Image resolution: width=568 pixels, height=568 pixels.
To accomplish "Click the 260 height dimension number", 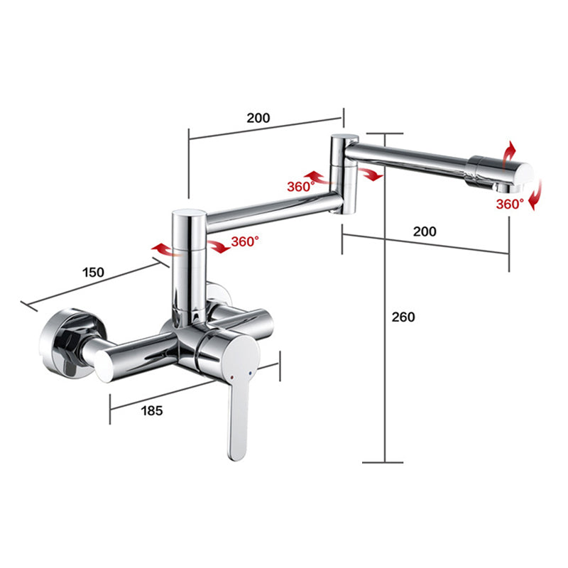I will pyautogui.click(x=403, y=317).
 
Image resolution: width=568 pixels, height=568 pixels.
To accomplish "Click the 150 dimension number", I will pyautogui.click(x=93, y=272).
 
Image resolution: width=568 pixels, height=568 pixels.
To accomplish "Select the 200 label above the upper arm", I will pyautogui.click(x=258, y=119).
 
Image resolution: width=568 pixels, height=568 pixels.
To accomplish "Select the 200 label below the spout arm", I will pyautogui.click(x=425, y=231).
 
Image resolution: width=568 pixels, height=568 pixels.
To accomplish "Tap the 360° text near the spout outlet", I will pyautogui.click(x=510, y=204).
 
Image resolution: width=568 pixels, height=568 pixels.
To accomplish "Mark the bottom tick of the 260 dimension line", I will pyautogui.click(x=384, y=462).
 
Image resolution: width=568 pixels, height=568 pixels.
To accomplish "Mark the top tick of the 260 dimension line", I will pyautogui.click(x=384, y=133).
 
